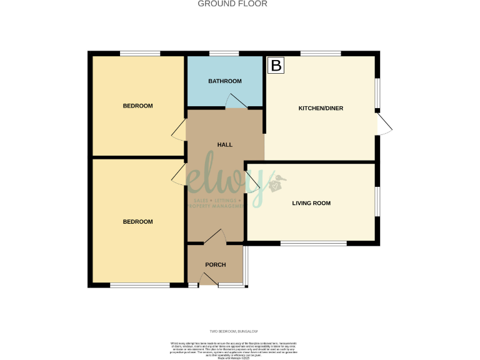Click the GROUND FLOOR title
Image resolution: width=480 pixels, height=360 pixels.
click(x=232, y=4)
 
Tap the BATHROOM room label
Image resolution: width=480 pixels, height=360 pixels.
click(x=225, y=81)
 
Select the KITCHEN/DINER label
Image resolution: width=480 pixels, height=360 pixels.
click(x=321, y=108)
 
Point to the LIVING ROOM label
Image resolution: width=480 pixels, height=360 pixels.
click(x=311, y=203)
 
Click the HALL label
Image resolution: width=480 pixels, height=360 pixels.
click(x=224, y=144)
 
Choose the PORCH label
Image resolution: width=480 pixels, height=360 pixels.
click(x=216, y=264)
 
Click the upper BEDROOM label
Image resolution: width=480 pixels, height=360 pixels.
click(x=137, y=106)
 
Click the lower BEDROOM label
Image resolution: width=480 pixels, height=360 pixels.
click(x=137, y=222)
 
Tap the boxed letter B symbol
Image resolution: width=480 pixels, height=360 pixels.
click(x=276, y=64)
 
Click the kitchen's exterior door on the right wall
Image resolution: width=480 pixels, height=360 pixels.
click(x=384, y=123)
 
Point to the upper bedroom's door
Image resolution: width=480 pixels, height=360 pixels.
click(x=178, y=129)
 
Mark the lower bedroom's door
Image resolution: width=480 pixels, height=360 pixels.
click(x=178, y=175)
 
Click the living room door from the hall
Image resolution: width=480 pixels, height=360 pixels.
click(x=253, y=181)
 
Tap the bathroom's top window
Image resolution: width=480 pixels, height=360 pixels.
click(x=224, y=53)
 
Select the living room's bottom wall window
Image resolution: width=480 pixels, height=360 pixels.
click(x=313, y=243)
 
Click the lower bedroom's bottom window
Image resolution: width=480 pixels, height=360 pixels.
click(x=139, y=286)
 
